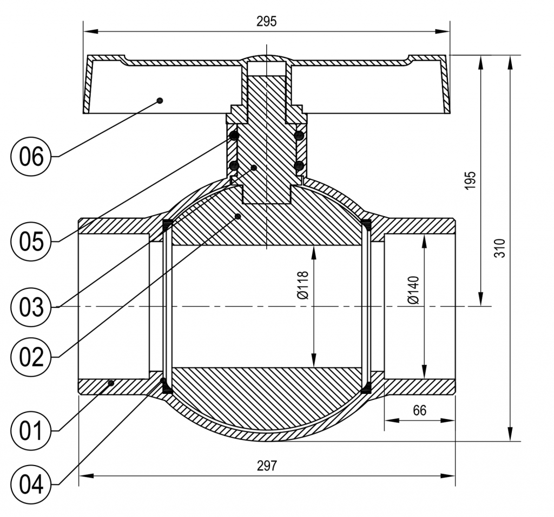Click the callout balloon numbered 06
(31, 157)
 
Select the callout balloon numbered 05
(31, 241)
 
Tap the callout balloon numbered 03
(31, 307)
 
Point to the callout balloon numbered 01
(31, 431)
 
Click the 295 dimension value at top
(266, 21)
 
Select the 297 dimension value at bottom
(267, 466)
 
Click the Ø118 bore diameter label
(302, 285)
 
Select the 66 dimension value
(419, 410)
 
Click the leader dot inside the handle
(160, 100)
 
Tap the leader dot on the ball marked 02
(238, 216)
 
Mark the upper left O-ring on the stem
(234, 135)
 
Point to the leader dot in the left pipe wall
(110, 383)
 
